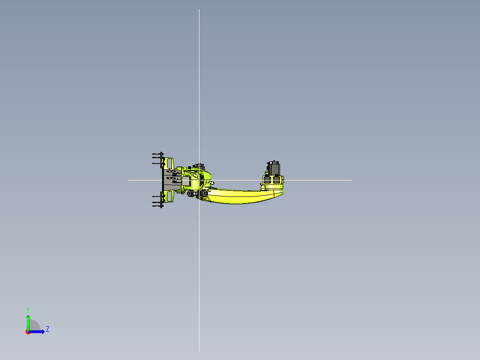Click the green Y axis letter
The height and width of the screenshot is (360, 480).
point(28,310)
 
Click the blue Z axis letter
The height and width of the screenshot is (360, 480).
point(48,329)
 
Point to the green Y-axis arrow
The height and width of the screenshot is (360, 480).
point(28,323)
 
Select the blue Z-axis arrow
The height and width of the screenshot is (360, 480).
point(37,331)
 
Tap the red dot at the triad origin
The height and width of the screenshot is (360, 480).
point(28,332)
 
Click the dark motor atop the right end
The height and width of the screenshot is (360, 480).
point(274,168)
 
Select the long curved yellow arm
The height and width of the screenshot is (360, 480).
point(242,196)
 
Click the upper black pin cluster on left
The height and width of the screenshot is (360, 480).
point(158,159)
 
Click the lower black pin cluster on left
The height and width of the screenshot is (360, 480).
point(158,200)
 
